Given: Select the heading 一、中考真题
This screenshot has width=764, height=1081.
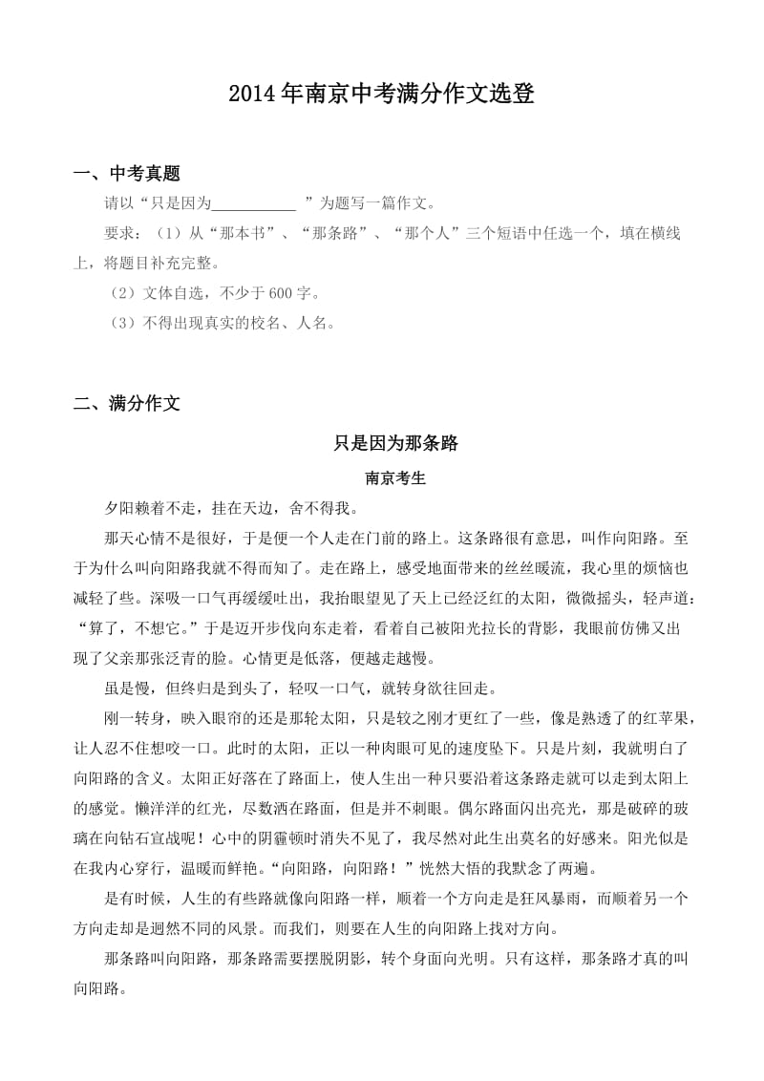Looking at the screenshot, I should [127, 174].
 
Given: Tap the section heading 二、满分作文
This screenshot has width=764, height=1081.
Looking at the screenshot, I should [127, 404].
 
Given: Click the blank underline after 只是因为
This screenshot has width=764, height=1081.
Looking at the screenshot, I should [253, 203].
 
